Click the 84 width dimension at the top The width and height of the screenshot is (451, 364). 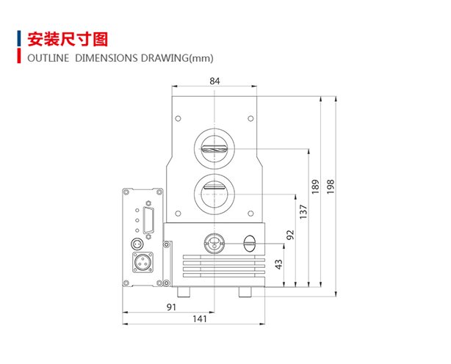tap(214, 81)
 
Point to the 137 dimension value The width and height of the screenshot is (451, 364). tap(303, 211)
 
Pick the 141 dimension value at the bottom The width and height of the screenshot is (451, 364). tap(199, 319)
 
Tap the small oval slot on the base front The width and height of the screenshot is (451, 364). tap(248, 241)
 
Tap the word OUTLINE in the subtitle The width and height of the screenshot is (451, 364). tap(47, 59)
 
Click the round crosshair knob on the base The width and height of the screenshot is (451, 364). tap(214, 242)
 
